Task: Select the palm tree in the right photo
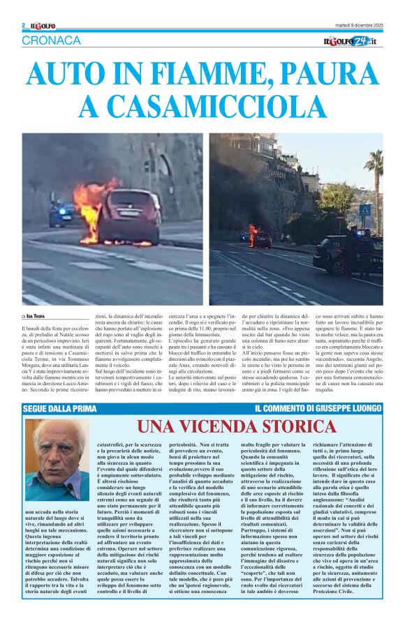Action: [374, 174]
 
